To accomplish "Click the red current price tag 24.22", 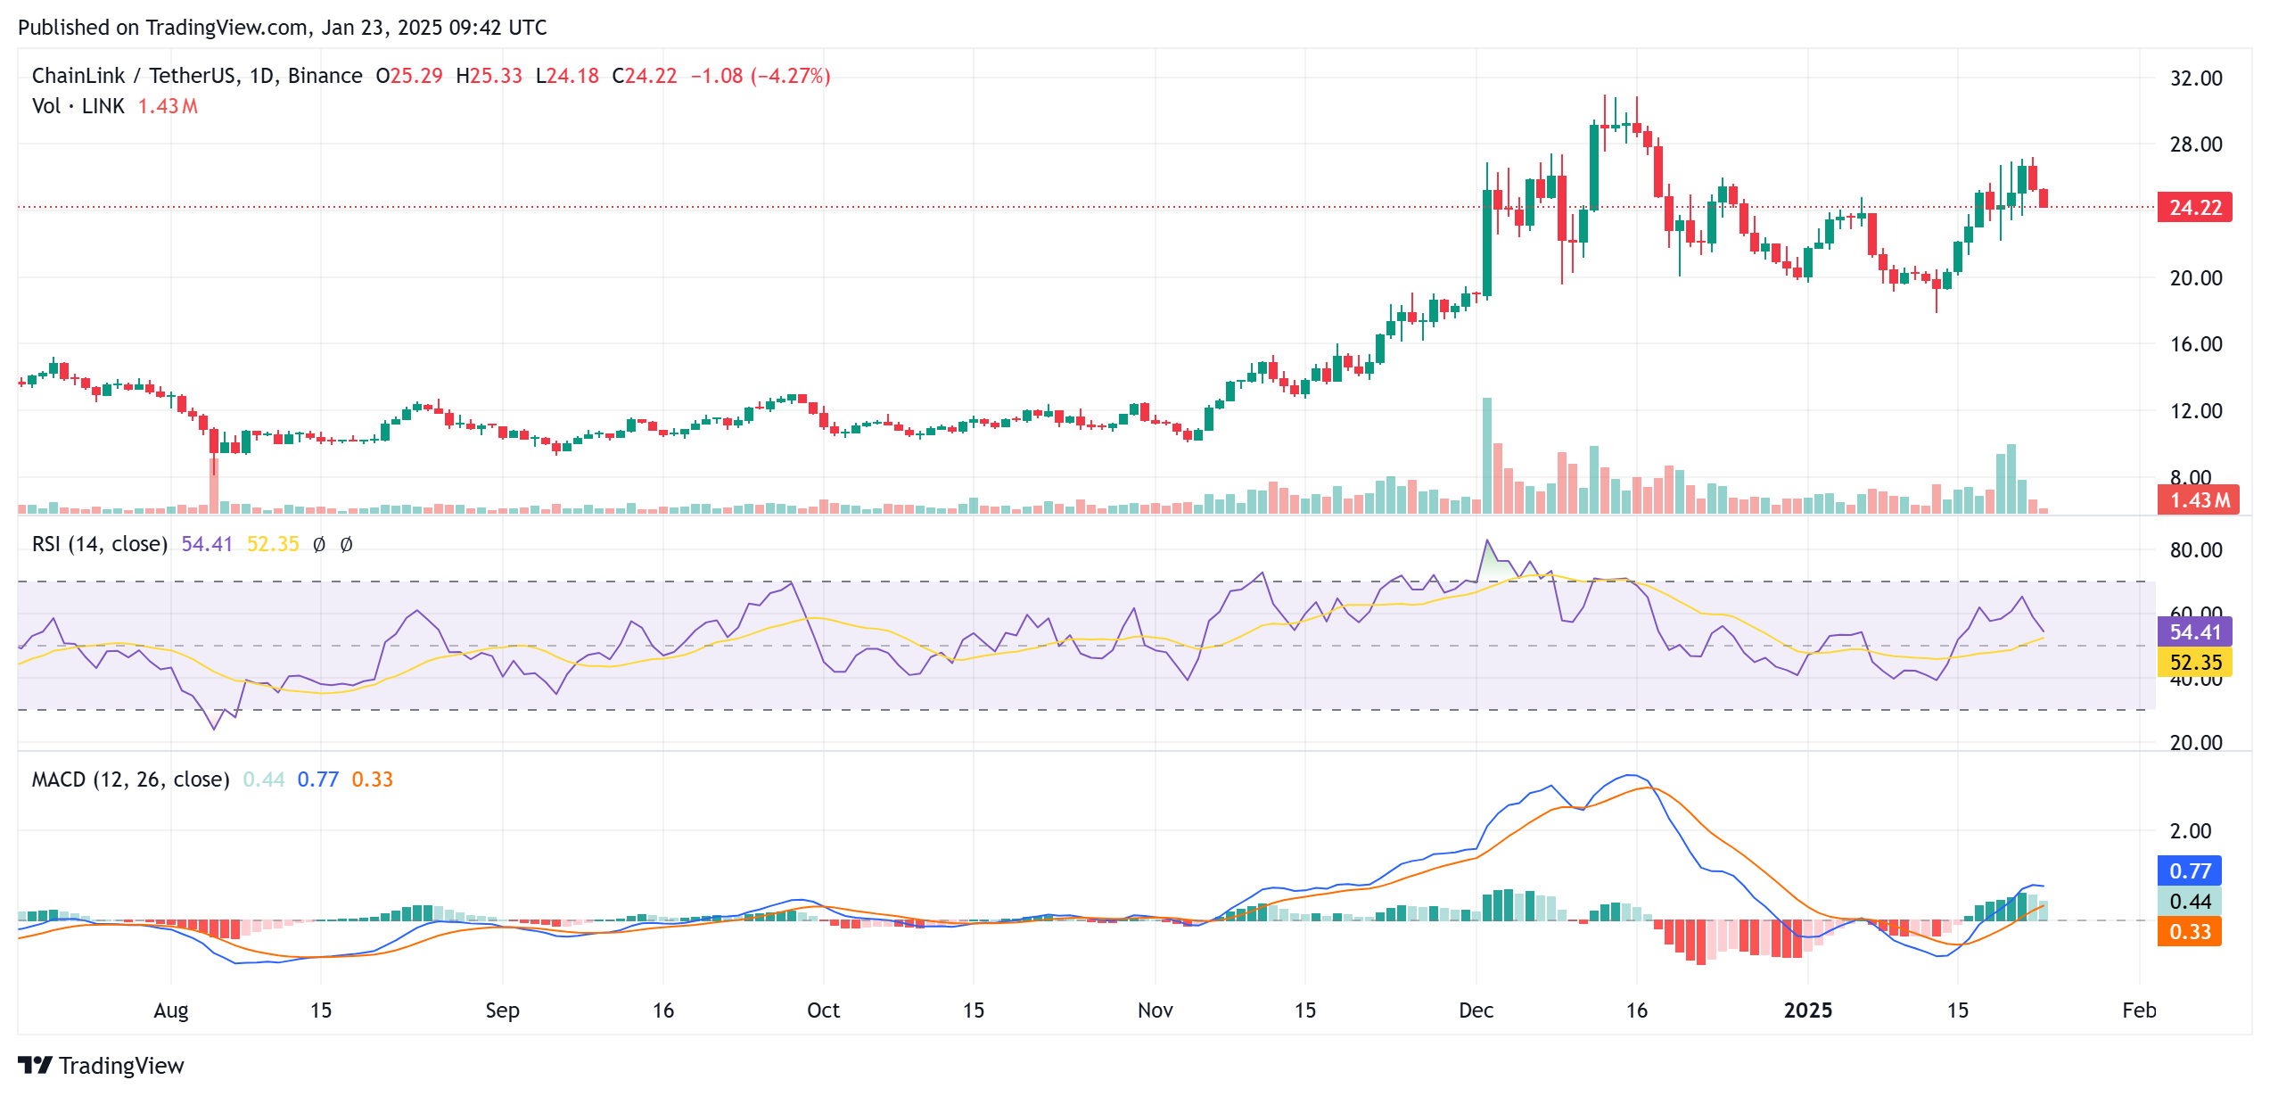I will coord(2194,207).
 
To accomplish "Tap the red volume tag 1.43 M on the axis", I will coord(2194,499).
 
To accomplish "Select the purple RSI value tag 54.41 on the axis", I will coord(2194,631).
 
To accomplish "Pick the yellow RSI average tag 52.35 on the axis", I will coord(2194,662).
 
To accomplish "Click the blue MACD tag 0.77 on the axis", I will coord(2189,870).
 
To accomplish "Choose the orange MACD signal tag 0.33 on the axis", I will coord(2189,931).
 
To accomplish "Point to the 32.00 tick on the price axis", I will coord(2195,78).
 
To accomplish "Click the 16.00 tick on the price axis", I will coord(2195,343).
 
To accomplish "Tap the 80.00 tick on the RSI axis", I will coord(2195,549).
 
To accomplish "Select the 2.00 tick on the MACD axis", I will coord(2190,830).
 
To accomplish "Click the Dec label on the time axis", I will coord(1476,1010).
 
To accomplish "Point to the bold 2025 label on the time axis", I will coord(1807,1010).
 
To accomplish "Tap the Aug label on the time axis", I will coord(170,1010).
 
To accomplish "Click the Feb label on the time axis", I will coord(2139,1010).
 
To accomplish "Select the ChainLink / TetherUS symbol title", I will coord(134,76).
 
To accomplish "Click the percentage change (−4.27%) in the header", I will coord(790,76).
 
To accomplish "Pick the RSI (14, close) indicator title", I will coord(100,544).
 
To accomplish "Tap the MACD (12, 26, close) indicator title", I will coord(130,779).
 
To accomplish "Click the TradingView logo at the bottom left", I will coord(101,1065).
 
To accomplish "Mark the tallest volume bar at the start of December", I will coord(1486,455).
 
